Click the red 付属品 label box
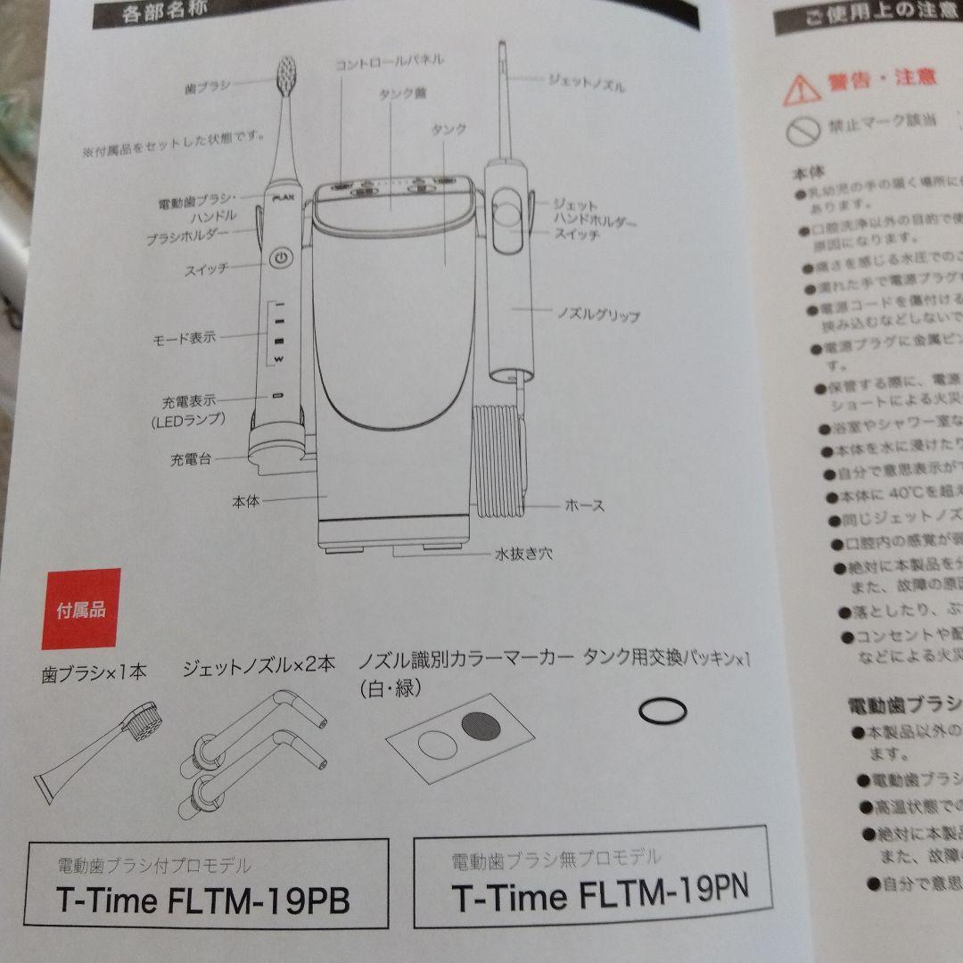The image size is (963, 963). [80, 609]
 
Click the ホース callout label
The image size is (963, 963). [584, 506]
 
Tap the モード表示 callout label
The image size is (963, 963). [183, 339]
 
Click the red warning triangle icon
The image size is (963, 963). [801, 86]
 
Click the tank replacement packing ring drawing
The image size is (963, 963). [663, 711]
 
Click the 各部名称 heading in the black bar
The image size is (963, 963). [159, 12]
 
